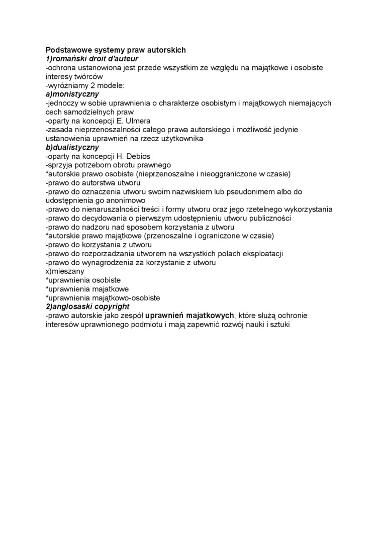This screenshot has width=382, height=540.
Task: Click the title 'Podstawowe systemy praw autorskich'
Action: [x=116, y=50]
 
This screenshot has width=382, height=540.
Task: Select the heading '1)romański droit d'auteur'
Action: [x=91, y=59]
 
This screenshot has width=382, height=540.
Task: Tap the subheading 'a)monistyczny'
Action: [x=72, y=94]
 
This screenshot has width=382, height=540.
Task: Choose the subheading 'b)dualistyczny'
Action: [x=72, y=147]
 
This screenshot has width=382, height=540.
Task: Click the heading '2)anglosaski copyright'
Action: [x=87, y=306]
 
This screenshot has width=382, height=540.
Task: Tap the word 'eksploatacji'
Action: [x=263, y=253]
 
